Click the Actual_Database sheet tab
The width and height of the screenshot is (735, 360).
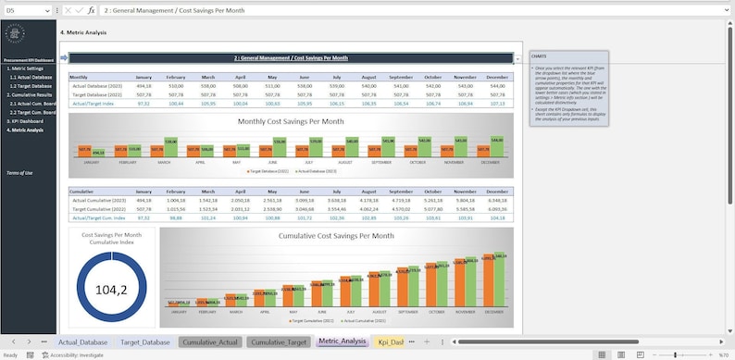81,342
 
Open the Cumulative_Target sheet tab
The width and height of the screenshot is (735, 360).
279,342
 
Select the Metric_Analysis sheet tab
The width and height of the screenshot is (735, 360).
342,342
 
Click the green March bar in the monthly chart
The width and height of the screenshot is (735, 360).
170,146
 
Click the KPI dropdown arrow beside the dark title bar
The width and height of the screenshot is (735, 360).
517,58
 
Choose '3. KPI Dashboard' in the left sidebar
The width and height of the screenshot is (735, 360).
26,121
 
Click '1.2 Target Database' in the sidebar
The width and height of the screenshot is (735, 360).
31,85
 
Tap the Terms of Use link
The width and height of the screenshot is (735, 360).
19,173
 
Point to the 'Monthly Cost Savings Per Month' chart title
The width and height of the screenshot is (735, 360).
291,121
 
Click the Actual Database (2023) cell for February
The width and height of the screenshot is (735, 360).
176,85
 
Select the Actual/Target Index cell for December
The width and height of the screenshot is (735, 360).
497,103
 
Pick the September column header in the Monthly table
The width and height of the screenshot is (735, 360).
401,77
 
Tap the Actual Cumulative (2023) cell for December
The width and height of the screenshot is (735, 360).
497,200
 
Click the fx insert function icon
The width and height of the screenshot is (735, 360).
91,9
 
